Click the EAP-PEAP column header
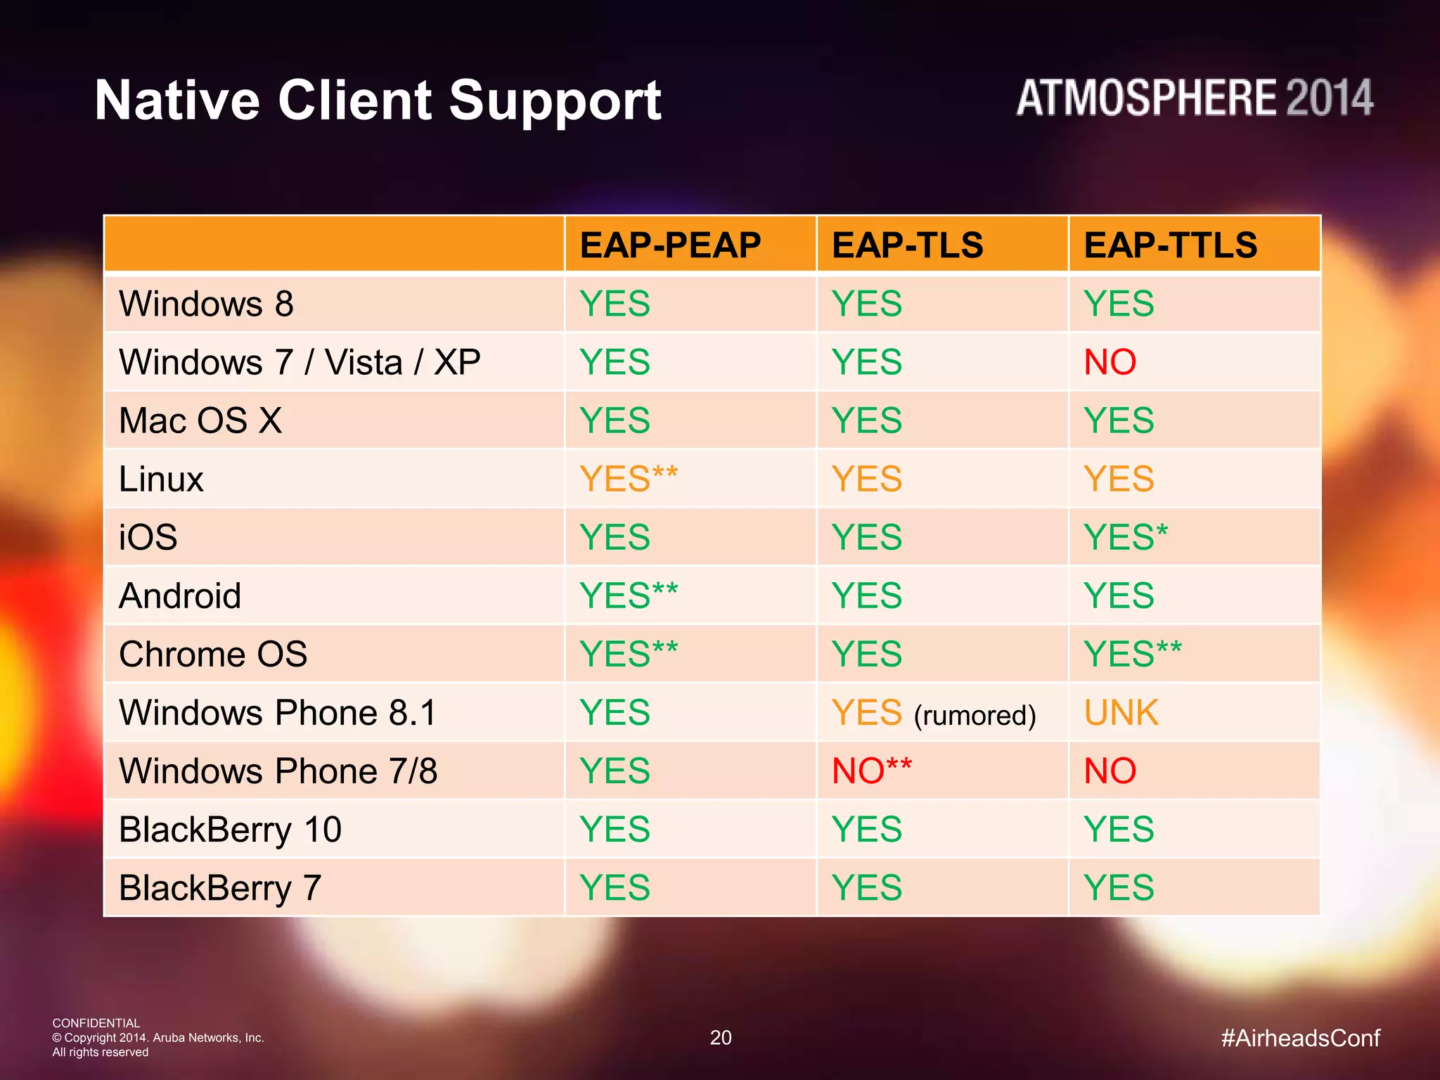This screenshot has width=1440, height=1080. (669, 245)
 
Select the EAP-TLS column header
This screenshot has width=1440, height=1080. (907, 245)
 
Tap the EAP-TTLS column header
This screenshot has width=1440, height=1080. (1170, 245)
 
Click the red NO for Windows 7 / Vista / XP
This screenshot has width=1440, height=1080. (1110, 363)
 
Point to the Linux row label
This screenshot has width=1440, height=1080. (161, 480)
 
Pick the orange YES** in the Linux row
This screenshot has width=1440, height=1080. (629, 480)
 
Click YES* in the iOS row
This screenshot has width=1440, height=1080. (1125, 538)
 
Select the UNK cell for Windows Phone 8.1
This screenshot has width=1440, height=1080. (1121, 713)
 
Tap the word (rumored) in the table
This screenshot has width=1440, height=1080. (975, 716)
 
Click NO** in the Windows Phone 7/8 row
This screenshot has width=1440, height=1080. (872, 771)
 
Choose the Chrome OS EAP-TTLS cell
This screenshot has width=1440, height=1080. (1132, 655)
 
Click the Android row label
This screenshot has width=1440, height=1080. (180, 596)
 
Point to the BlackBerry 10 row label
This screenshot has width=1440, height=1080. (230, 830)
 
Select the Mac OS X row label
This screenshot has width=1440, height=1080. (200, 421)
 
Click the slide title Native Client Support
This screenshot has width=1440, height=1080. (378, 101)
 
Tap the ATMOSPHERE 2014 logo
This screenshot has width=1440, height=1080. (1194, 98)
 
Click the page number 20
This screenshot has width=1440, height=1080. (721, 1038)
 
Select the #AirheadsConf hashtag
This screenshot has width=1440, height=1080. (1300, 1038)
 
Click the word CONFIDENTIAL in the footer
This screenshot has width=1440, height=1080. (96, 1023)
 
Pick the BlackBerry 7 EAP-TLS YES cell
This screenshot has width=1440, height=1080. (866, 888)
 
